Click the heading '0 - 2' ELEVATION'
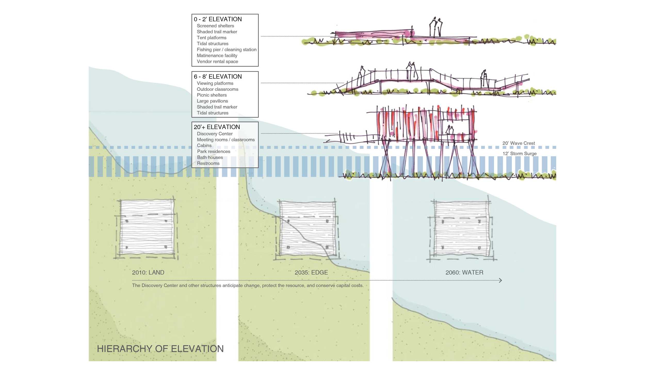point(217,19)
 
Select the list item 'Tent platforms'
point(211,38)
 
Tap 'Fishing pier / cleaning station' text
point(226,50)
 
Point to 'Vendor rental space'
point(217,62)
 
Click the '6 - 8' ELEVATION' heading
point(217,76)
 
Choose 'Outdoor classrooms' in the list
point(217,89)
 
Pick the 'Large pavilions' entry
point(212,101)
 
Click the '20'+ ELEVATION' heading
point(216,127)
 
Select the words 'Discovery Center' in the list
point(214,134)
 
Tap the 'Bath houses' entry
point(209,158)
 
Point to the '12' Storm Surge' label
point(519,154)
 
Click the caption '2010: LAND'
point(148,272)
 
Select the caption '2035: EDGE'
point(311,272)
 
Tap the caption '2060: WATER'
point(464,272)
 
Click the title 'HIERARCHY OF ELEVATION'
point(160,349)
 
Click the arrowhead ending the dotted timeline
point(500,280)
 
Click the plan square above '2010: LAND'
point(147,227)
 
